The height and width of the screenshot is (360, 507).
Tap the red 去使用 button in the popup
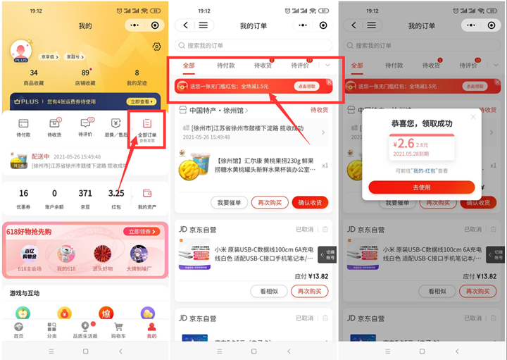[x=421, y=187]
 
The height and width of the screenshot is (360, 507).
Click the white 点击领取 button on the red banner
[x=307, y=86]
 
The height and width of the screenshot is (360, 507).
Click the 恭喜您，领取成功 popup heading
[x=421, y=123]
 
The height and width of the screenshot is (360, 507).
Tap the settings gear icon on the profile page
[x=156, y=47]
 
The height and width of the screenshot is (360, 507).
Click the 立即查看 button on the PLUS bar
[x=142, y=101]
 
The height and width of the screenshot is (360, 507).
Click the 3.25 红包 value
[x=116, y=193]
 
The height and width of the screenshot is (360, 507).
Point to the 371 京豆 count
[x=85, y=193]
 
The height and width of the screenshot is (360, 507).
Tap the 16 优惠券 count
[x=23, y=193]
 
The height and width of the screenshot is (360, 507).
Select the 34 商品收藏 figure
[x=34, y=73]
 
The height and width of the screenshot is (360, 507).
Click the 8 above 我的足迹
[x=137, y=73]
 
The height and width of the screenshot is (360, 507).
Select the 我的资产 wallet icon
[x=147, y=193]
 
